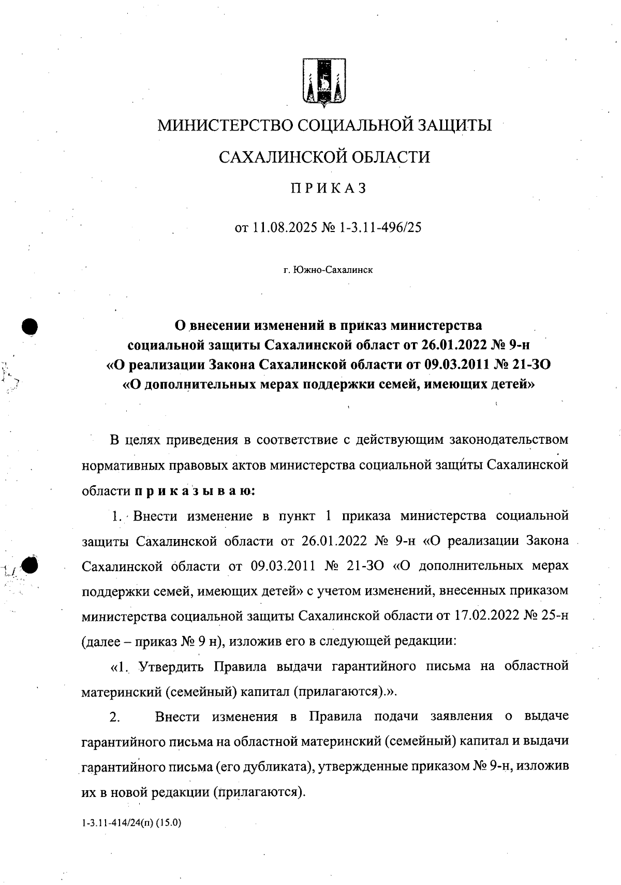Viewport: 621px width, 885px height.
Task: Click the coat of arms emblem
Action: [324, 83]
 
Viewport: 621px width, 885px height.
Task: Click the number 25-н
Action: [555, 616]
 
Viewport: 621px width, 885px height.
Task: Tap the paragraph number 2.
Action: [114, 717]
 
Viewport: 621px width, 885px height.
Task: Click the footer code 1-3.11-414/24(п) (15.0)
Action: [131, 822]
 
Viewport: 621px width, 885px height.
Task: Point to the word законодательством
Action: [509, 440]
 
